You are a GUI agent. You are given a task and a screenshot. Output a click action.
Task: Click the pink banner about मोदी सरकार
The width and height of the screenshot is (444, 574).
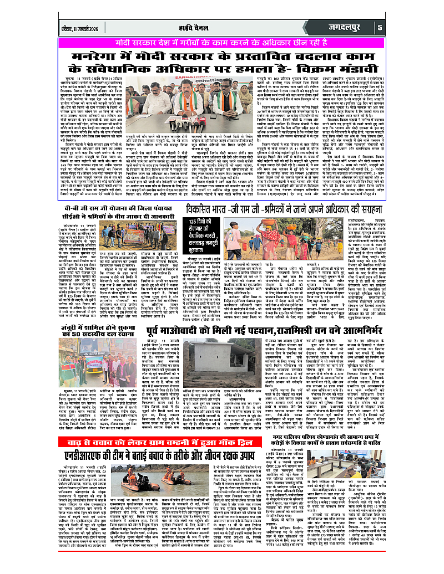pos(222,42)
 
